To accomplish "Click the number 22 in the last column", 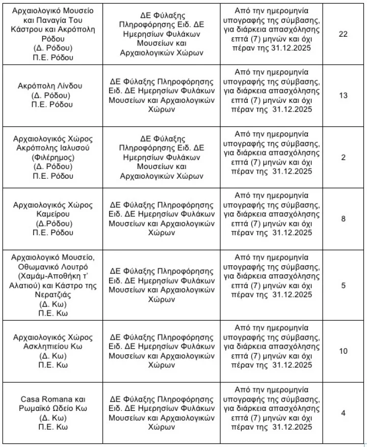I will point(343,34).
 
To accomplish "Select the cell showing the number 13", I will point(343,95).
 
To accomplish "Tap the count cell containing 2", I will point(343,157).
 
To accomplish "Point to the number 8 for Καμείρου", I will point(343,219).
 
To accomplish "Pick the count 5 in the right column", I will point(343,285).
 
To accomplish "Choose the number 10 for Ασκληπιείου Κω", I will point(343,351).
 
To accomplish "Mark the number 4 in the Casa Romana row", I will point(343,413).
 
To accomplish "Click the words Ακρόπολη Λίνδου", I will point(50,86).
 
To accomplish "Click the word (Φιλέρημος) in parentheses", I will point(53,157).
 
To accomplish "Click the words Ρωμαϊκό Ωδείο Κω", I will point(53,408).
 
